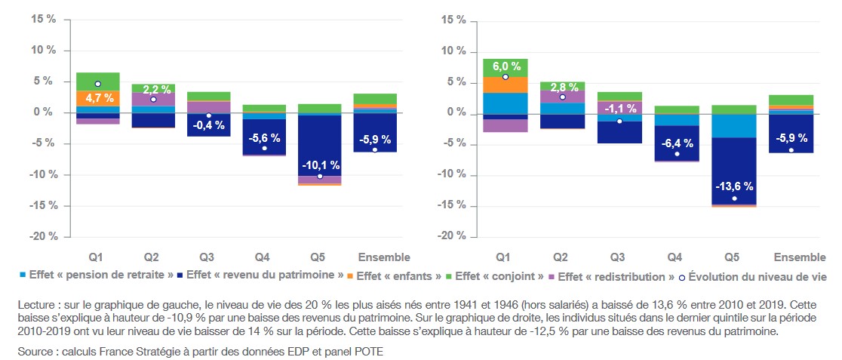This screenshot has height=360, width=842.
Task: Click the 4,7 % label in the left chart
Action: tap(98, 97)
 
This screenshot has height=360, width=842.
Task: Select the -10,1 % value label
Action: tap(320, 165)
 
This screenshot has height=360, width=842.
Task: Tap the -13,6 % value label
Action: tap(734, 186)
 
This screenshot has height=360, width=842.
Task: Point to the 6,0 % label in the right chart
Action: tap(506, 66)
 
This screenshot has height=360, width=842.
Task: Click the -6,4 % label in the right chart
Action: tap(677, 143)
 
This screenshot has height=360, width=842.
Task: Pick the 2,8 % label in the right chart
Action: tap(562, 87)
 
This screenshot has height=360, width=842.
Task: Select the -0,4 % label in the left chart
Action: tap(209, 125)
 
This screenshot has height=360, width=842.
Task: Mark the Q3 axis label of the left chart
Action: tap(209, 256)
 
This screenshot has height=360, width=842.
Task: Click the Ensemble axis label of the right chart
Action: tap(791, 256)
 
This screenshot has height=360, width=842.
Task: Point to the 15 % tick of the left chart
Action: tap(43, 19)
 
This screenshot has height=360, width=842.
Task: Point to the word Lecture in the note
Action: tap(35, 304)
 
